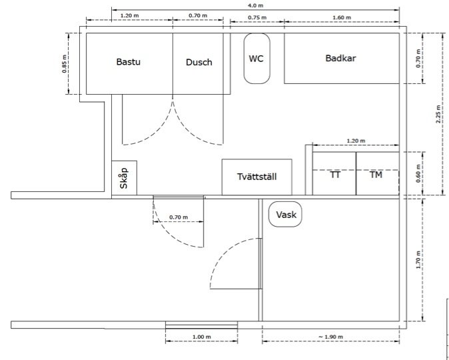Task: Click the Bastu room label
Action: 129,62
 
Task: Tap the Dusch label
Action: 199,62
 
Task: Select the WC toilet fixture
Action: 256,59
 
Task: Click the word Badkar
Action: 341,58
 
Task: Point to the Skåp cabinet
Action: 124,178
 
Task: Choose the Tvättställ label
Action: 257,177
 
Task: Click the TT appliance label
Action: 335,175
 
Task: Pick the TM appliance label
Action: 376,175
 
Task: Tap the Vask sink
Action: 285,215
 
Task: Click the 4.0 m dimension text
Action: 256,5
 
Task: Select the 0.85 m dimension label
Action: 65,63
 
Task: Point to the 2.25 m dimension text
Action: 438,114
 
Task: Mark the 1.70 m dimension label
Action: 418,260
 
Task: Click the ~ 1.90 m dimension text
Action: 330,337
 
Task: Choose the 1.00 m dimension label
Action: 202,337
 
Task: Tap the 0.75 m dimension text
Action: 257,17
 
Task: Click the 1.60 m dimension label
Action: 342,17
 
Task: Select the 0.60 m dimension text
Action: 418,173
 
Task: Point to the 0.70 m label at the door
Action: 179,217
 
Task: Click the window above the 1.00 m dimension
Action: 202,325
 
